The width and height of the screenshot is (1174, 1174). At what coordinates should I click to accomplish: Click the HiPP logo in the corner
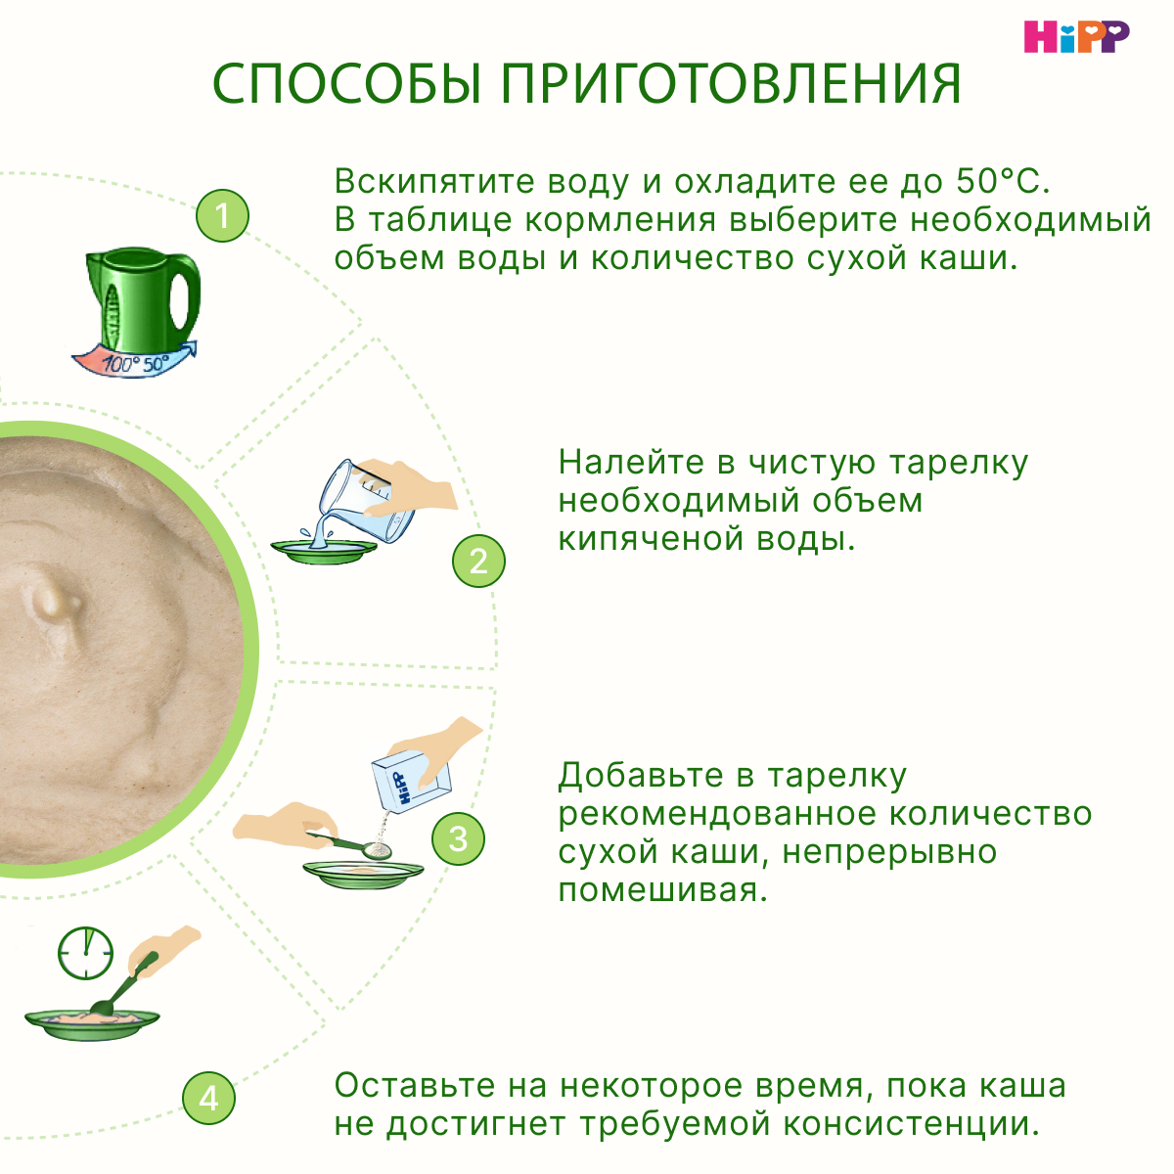[1076, 36]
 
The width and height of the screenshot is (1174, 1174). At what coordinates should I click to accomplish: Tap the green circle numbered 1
[222, 215]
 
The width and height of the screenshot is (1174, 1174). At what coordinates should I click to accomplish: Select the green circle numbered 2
[478, 561]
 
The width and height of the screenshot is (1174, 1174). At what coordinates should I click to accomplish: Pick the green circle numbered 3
[458, 838]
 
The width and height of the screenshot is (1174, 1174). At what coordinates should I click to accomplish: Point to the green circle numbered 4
[208, 1098]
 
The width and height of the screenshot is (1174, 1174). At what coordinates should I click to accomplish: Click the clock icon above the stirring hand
[85, 953]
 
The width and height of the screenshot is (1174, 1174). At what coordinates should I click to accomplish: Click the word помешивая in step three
[661, 890]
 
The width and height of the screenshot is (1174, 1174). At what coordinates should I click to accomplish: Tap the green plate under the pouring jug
[324, 552]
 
